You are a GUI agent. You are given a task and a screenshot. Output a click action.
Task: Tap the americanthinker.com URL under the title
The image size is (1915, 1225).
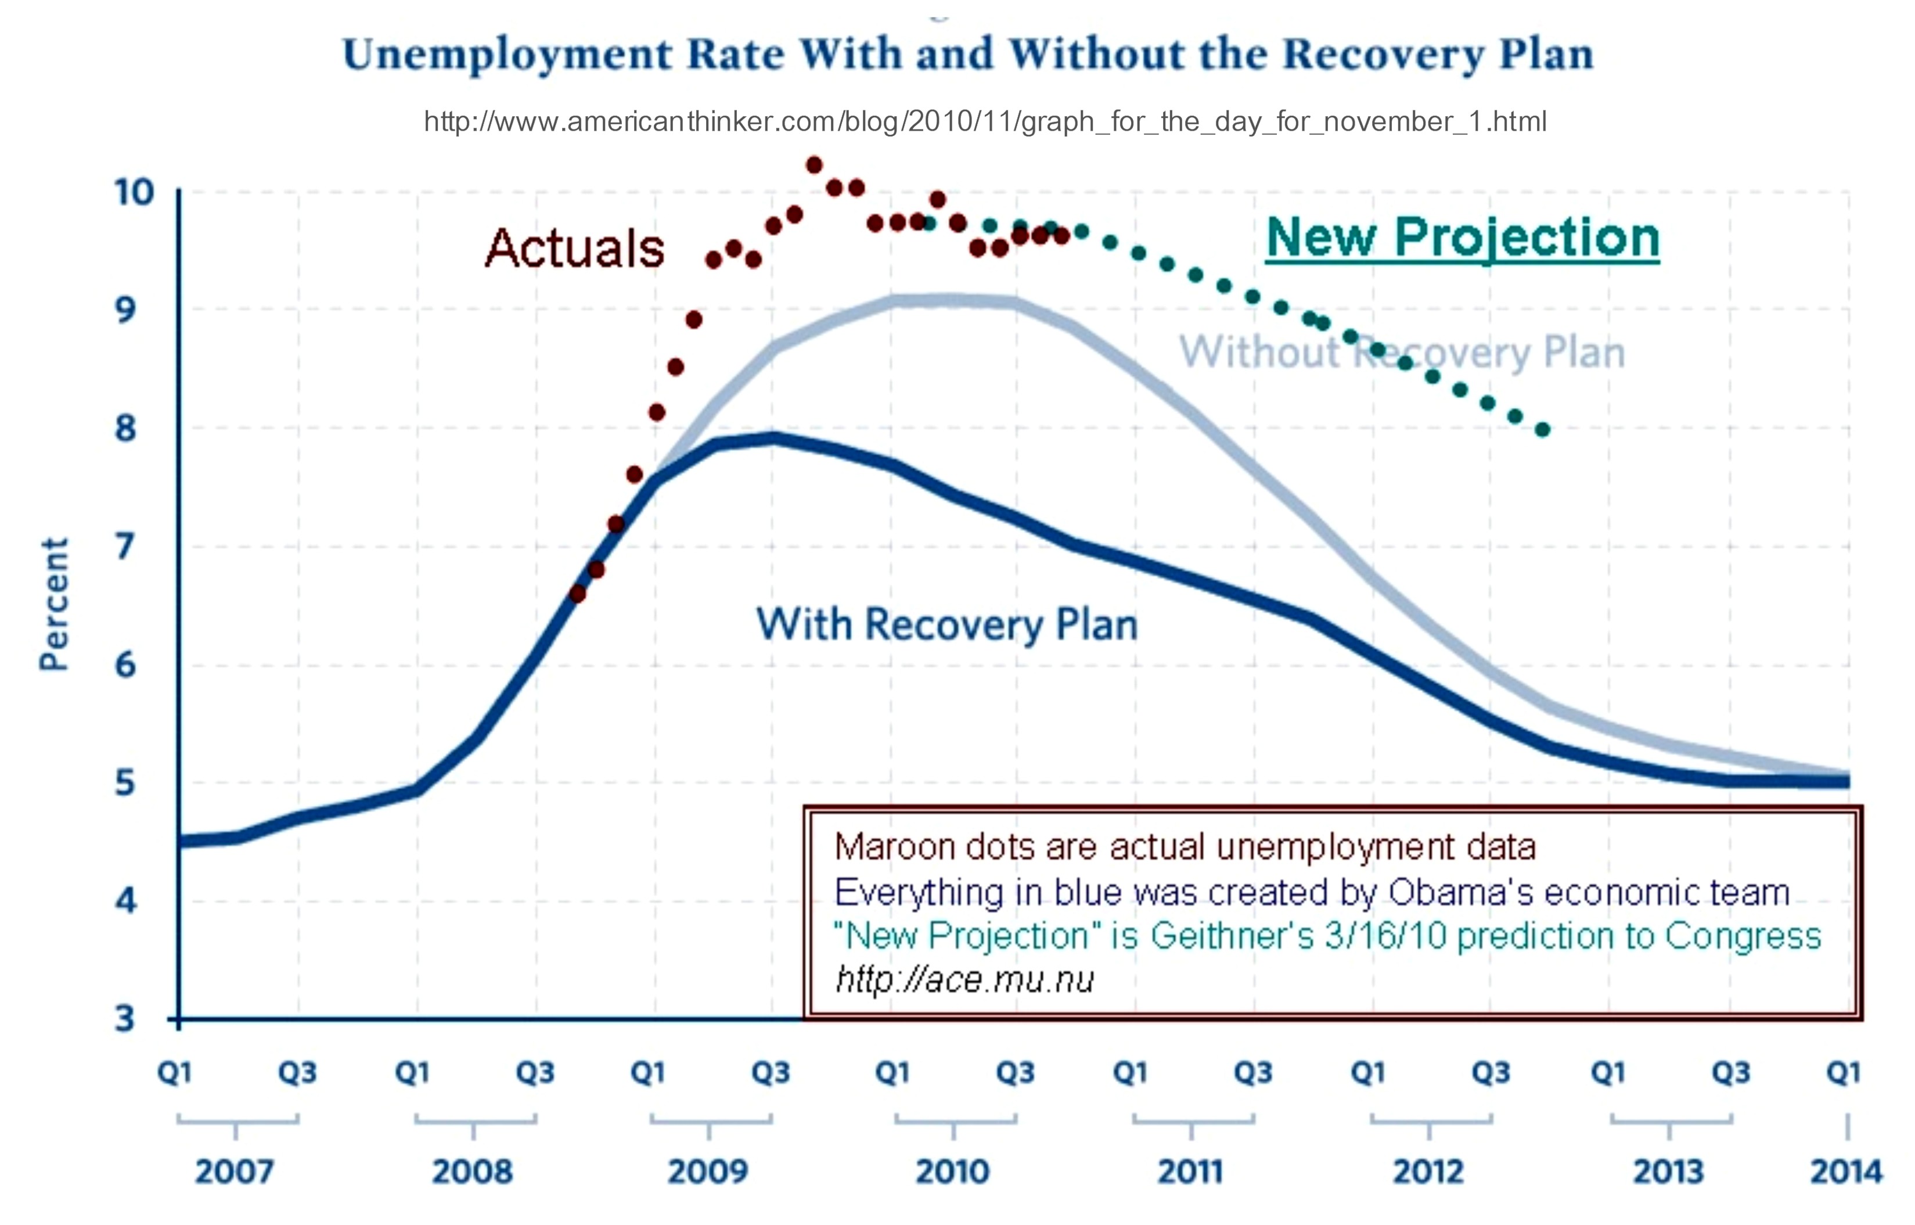(985, 122)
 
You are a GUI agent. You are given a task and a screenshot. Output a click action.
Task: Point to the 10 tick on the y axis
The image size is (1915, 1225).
(133, 192)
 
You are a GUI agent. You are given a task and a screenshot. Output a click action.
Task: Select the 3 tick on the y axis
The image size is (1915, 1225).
(125, 1018)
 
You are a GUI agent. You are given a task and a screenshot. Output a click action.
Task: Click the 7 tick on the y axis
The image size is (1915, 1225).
(125, 547)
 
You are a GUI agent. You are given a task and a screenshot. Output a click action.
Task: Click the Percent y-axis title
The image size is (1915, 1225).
(54, 605)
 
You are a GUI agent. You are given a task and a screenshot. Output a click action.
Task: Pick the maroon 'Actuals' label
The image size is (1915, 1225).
(574, 247)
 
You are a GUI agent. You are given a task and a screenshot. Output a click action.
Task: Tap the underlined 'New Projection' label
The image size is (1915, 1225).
(1463, 237)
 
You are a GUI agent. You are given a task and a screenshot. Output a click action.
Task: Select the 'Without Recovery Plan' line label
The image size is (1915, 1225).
(1401, 351)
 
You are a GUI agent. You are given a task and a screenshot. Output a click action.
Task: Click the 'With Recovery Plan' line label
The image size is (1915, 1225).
(946, 624)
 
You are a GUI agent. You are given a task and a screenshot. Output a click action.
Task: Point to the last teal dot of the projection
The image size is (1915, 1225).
(1542, 430)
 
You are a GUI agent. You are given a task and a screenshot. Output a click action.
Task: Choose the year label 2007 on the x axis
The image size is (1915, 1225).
(235, 1172)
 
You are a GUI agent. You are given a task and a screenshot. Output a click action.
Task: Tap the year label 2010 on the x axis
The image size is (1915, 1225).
(953, 1172)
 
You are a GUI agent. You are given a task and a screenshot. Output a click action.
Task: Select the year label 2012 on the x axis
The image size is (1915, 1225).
(1428, 1172)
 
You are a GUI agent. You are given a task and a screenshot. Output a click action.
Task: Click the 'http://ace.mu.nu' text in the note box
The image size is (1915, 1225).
(964, 980)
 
